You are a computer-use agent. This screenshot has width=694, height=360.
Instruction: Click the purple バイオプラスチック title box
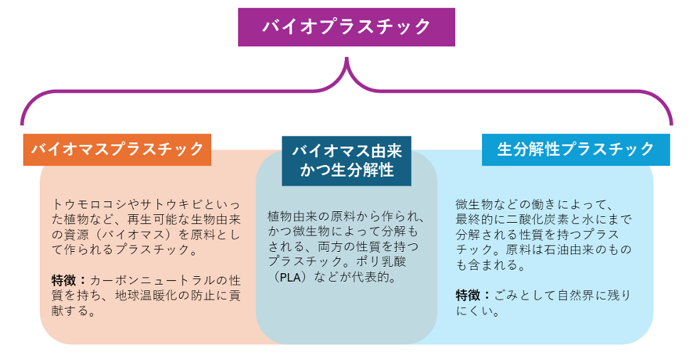(x=346, y=27)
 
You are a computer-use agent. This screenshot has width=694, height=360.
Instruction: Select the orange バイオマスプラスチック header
(x=117, y=149)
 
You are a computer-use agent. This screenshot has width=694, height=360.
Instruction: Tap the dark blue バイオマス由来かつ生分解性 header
(x=347, y=161)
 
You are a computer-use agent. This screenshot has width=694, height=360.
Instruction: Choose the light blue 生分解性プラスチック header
(x=575, y=149)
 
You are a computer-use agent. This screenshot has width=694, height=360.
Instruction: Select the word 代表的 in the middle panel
(x=376, y=277)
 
